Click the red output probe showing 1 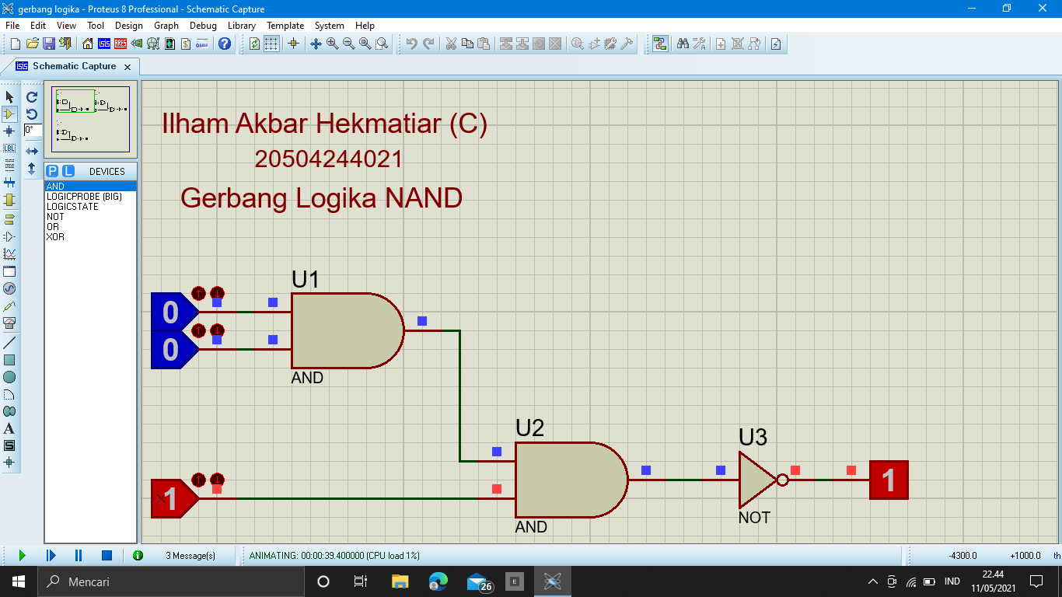point(889,480)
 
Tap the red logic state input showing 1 point(174,498)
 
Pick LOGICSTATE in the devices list point(72,207)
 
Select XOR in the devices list point(55,237)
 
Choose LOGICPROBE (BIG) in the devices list point(84,197)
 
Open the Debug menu point(203,26)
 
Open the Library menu point(241,26)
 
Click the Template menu point(285,26)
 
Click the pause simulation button point(79,555)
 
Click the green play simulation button point(22,555)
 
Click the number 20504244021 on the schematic point(328,159)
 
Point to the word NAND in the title point(424,197)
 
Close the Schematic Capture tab point(128,67)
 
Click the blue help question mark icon point(224,44)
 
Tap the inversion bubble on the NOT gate point(783,480)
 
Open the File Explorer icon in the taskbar point(400,581)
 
